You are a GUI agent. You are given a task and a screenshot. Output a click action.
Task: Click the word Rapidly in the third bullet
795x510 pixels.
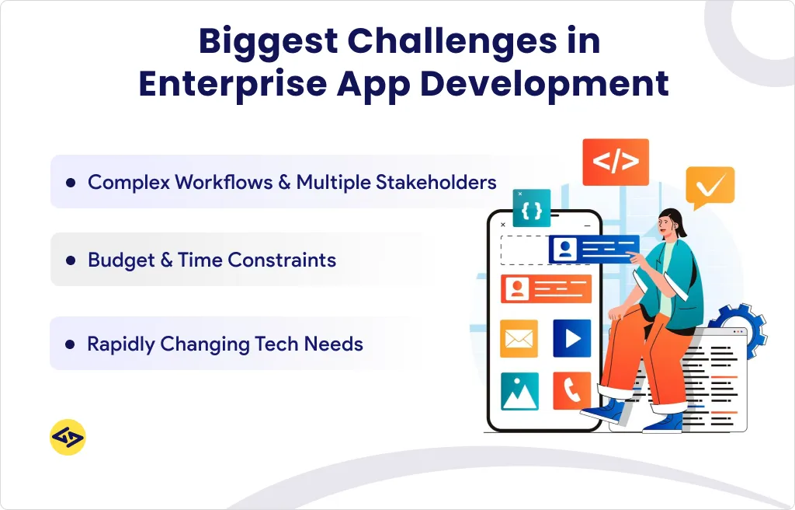[x=121, y=344]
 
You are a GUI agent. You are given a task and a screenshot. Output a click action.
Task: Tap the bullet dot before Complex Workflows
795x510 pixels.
[x=71, y=183]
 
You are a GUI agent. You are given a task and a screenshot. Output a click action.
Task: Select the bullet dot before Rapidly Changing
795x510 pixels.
[x=71, y=344]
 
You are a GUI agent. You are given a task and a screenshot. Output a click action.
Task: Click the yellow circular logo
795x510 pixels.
[x=68, y=438]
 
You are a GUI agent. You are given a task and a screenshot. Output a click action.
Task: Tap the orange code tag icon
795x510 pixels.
[x=615, y=162]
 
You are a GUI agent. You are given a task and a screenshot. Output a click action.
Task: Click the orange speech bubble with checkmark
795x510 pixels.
[x=710, y=187]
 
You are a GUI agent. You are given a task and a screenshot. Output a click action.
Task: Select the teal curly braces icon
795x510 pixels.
[x=532, y=208]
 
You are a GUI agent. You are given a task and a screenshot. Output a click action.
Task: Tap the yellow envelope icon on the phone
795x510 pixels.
[x=519, y=338]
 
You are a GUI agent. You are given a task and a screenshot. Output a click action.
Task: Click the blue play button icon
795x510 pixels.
[x=572, y=338]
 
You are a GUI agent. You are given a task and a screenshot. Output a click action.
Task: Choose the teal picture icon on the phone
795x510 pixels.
[x=519, y=391]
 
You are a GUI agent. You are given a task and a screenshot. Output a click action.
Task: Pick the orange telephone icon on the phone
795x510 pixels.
[x=572, y=390]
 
